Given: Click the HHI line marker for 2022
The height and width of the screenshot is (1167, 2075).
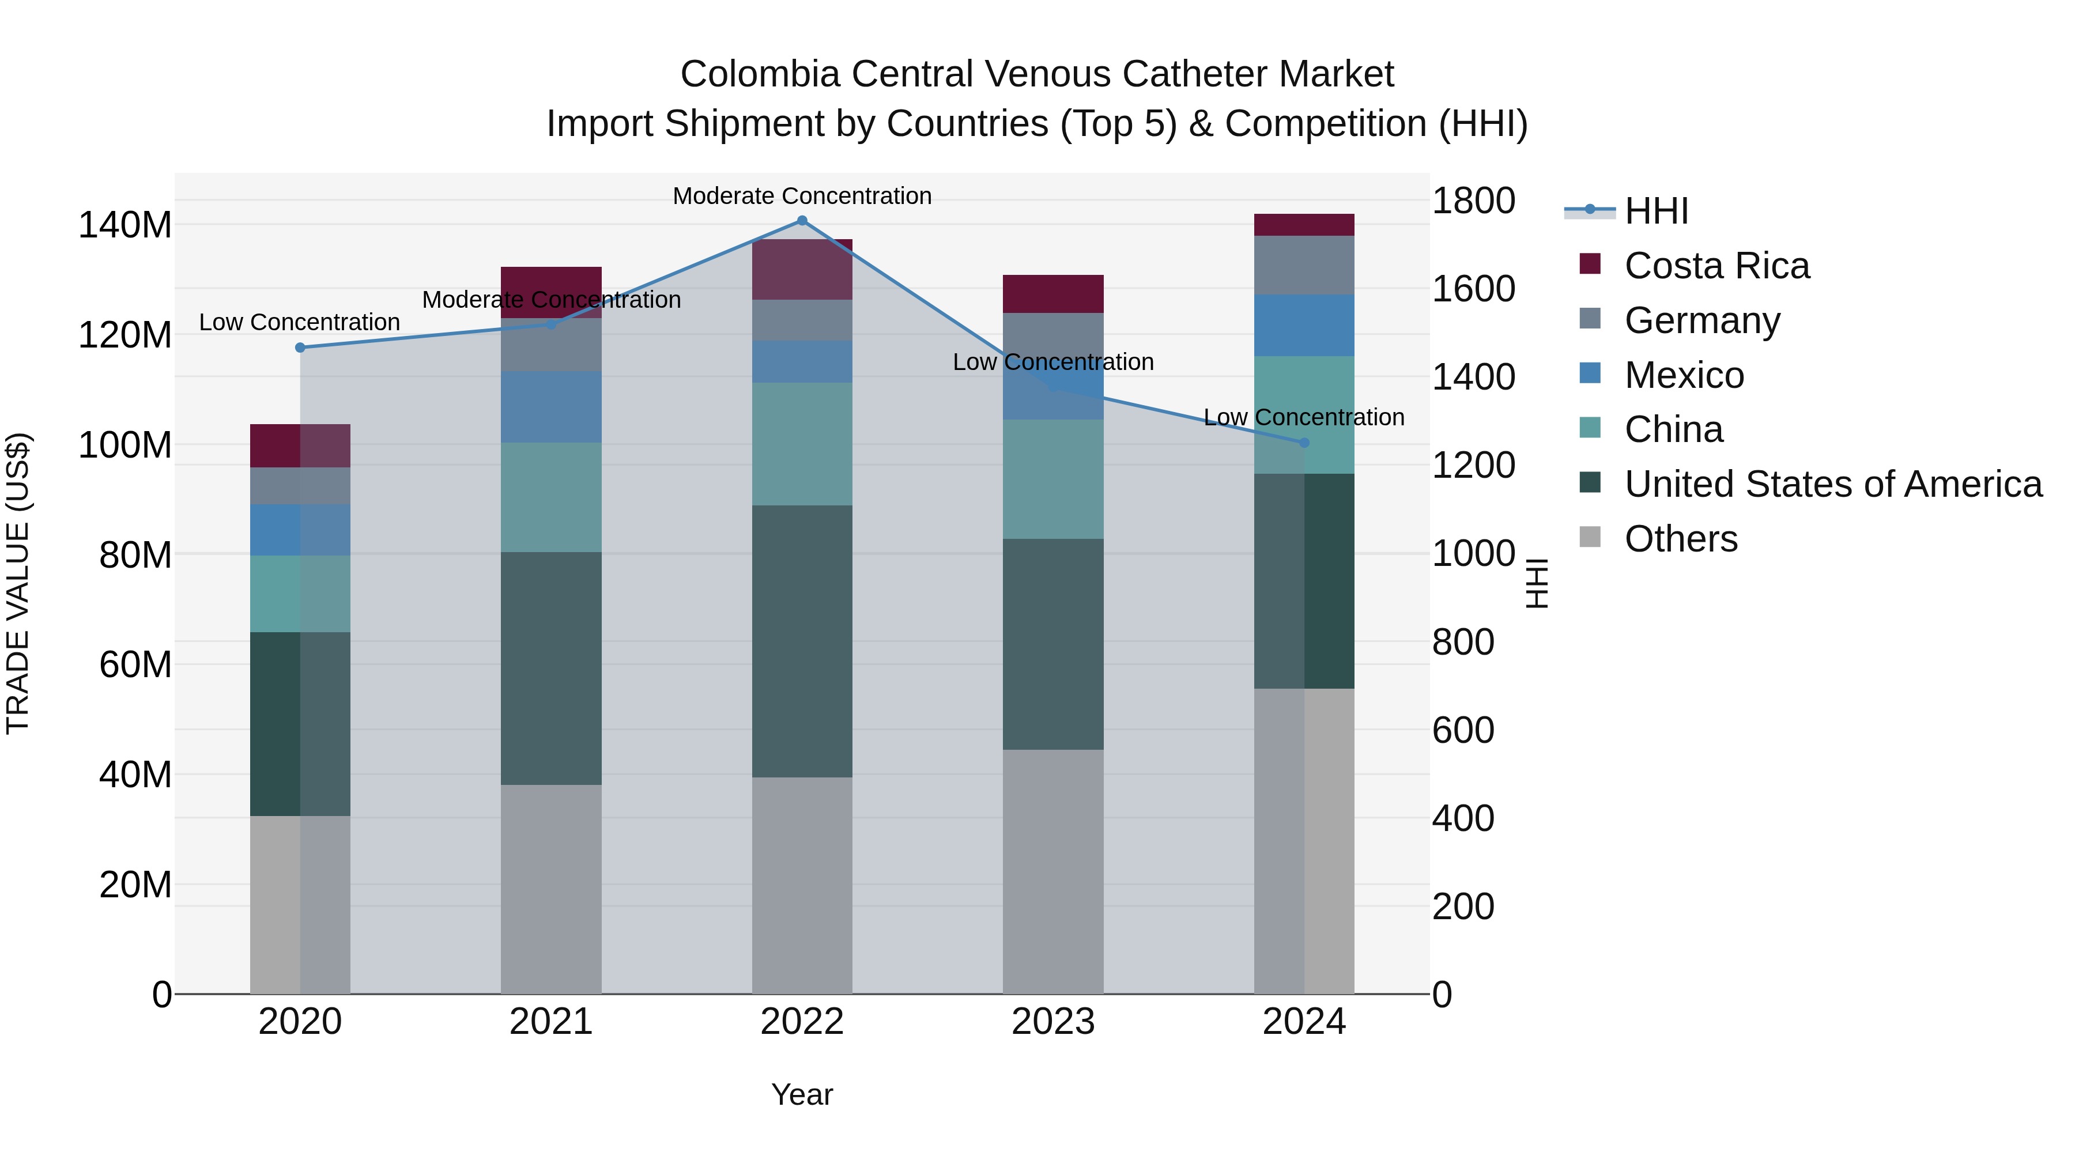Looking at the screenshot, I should pyautogui.click(x=802, y=221).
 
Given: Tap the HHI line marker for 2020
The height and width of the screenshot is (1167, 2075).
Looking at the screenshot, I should pyautogui.click(x=300, y=348).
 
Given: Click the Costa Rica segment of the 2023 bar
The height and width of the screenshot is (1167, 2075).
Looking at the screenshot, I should pyautogui.click(x=1053, y=294).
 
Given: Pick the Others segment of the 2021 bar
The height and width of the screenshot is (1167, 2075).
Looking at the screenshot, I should pyautogui.click(x=551, y=889).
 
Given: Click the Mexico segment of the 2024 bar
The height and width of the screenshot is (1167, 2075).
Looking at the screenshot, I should pyautogui.click(x=1304, y=326).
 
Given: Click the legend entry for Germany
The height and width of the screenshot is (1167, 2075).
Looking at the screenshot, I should pyautogui.click(x=1701, y=320).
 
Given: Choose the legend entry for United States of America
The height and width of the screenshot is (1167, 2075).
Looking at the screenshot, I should pyautogui.click(x=1832, y=484).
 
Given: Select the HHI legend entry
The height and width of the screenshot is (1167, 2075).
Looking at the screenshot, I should pyautogui.click(x=1655, y=211).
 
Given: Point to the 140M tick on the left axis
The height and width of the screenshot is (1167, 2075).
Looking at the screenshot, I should pyautogui.click(x=125, y=225).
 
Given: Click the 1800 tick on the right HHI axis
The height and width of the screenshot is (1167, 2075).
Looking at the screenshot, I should pyautogui.click(x=1473, y=201).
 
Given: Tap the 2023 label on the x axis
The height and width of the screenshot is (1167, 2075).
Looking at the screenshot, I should pyautogui.click(x=1053, y=1022).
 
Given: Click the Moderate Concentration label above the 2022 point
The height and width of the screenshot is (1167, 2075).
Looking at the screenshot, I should pyautogui.click(x=802, y=196).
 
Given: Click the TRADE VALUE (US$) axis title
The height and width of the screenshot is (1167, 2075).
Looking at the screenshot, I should pyautogui.click(x=18, y=583).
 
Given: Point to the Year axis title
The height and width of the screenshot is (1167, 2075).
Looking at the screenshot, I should pyautogui.click(x=802, y=1094).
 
